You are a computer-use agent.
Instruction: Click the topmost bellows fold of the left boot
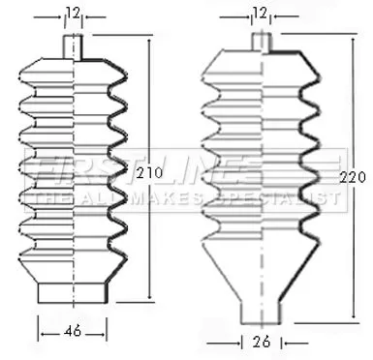[x=74, y=67]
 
